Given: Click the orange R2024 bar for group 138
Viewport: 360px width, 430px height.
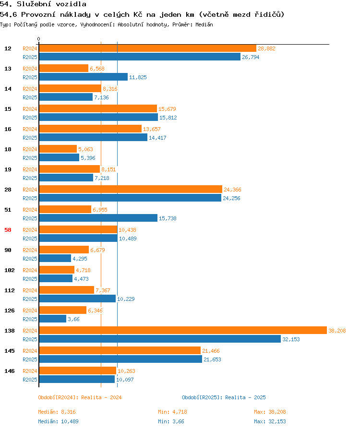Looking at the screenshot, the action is pyautogui.click(x=183, y=330).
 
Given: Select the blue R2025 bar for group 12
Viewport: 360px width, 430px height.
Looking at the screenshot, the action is pyautogui.click(x=140, y=57).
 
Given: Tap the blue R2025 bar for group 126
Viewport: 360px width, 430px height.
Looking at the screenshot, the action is pyautogui.click(x=53, y=319).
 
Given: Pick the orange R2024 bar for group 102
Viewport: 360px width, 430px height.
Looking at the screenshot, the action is pyautogui.click(x=57, y=270).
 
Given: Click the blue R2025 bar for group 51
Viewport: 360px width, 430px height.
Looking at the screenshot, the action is pyautogui.click(x=98, y=218).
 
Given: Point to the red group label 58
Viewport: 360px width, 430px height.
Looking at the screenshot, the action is pyautogui.click(x=8, y=230).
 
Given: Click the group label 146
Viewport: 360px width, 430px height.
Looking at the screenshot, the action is pyautogui.click(x=10, y=371).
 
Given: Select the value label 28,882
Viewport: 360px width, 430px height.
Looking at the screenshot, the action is pyautogui.click(x=266, y=48).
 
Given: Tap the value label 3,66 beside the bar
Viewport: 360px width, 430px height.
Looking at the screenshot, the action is pyautogui.click(x=73, y=319).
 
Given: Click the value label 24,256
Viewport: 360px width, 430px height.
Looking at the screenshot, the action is pyautogui.click(x=231, y=198).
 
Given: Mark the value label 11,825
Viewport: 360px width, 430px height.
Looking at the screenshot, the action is pyautogui.click(x=138, y=77).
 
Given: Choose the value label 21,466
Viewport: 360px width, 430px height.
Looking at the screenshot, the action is pyautogui.click(x=211, y=351).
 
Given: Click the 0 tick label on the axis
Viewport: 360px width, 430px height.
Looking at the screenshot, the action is pyautogui.click(x=38, y=39).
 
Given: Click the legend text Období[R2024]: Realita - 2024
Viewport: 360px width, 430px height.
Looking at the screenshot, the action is pyautogui.click(x=80, y=397).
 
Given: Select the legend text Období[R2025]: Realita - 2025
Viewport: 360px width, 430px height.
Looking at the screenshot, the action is pyautogui.click(x=224, y=397).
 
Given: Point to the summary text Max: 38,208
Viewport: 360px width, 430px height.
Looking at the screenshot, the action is pyautogui.click(x=270, y=412).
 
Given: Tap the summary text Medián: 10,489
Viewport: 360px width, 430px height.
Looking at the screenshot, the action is pyautogui.click(x=58, y=421).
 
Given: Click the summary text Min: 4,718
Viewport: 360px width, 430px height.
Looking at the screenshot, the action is pyautogui.click(x=172, y=412).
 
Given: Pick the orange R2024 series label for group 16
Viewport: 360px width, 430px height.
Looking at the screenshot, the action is pyautogui.click(x=30, y=129).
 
